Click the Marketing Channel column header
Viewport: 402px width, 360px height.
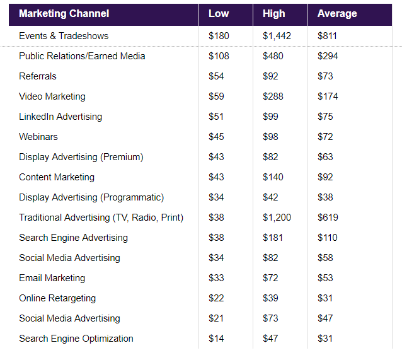click(64, 14)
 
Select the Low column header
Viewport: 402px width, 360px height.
click(218, 14)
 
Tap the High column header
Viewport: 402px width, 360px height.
click(273, 14)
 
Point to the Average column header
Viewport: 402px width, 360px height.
click(337, 14)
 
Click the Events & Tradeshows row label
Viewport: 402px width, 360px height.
click(64, 36)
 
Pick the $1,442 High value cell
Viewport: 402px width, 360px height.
click(277, 36)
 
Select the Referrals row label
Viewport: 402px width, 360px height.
click(38, 76)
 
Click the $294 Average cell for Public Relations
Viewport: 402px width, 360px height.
click(328, 56)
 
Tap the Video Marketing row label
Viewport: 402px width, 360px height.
click(52, 96)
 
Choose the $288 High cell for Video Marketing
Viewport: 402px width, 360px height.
click(273, 96)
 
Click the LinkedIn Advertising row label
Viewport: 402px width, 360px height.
click(60, 117)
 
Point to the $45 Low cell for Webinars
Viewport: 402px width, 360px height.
click(216, 137)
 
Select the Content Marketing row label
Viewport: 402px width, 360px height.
click(57, 177)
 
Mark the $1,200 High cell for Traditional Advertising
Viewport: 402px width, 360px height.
click(277, 218)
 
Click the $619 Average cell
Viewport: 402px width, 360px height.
click(328, 218)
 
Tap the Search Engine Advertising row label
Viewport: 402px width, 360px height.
click(73, 238)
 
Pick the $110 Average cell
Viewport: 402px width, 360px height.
click(328, 238)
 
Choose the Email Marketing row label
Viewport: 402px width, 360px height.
click(52, 278)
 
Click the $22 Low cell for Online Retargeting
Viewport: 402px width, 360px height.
click(216, 298)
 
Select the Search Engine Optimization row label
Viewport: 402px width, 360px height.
click(76, 339)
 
